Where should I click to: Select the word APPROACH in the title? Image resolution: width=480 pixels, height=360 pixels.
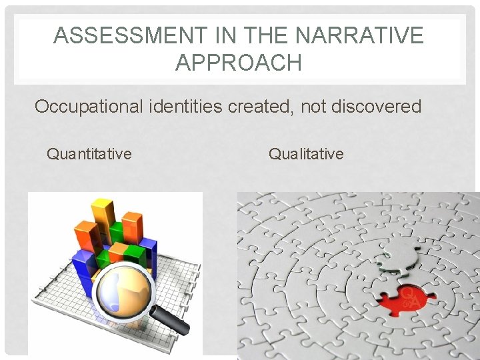(x=239, y=63)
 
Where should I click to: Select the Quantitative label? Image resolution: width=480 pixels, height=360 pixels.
(x=89, y=155)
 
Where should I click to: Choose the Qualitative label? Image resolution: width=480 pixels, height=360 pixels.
(x=306, y=155)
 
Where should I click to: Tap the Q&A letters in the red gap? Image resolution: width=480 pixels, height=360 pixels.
(x=410, y=297)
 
